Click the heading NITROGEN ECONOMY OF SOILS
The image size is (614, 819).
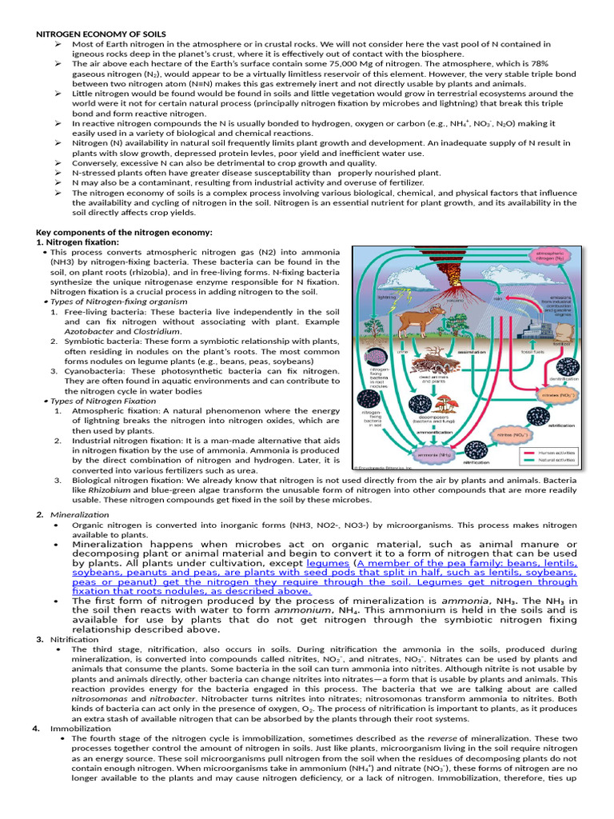coord(99,34)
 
